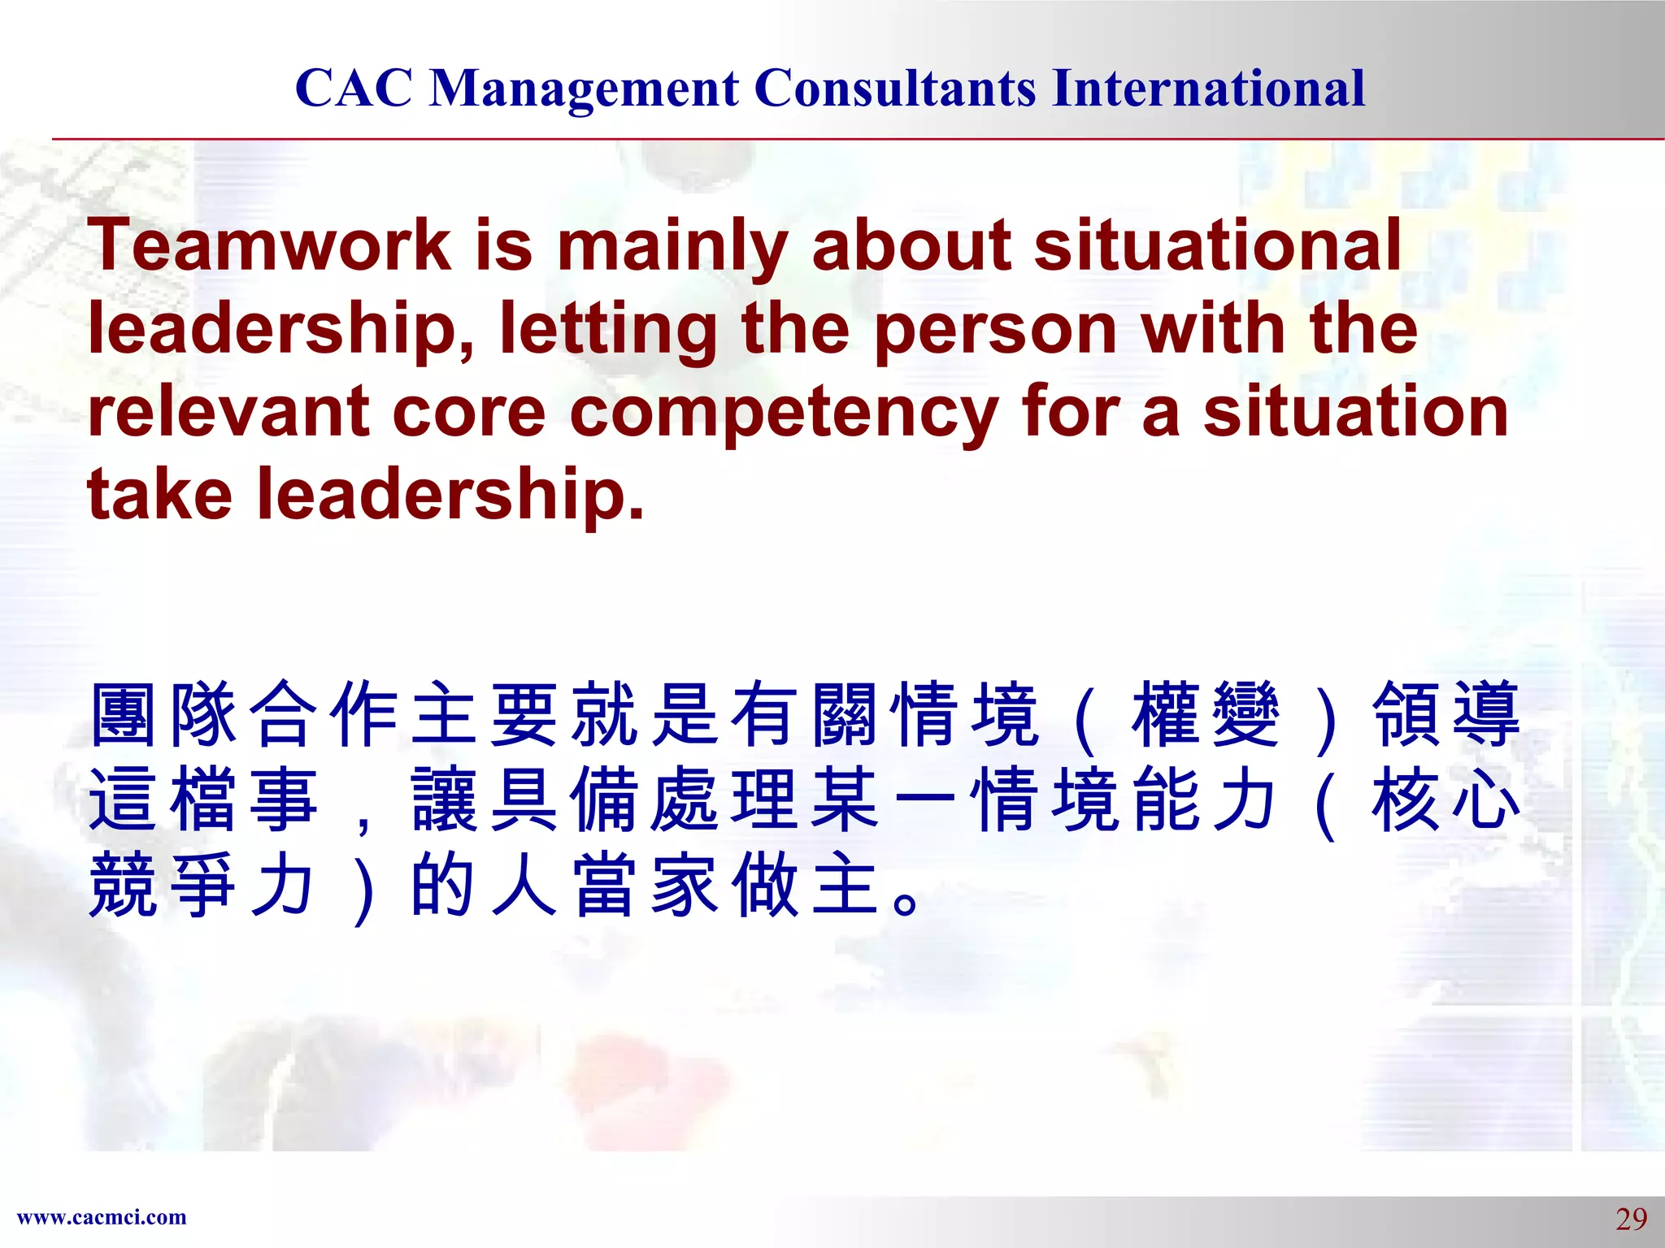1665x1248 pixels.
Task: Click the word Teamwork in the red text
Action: (269, 245)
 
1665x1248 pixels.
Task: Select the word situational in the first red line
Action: (1217, 245)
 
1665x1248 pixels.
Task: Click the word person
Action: (996, 330)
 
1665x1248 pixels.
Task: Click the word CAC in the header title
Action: (354, 88)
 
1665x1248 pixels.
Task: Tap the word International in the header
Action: (1208, 88)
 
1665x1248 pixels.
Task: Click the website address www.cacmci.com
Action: (102, 1217)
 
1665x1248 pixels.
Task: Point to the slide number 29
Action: (1631, 1219)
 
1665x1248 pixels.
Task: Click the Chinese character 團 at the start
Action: (123, 715)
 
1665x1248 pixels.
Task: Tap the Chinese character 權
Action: (1165, 715)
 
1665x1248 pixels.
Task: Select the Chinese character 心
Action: (1485, 801)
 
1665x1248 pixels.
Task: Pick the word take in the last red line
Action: (159, 494)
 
